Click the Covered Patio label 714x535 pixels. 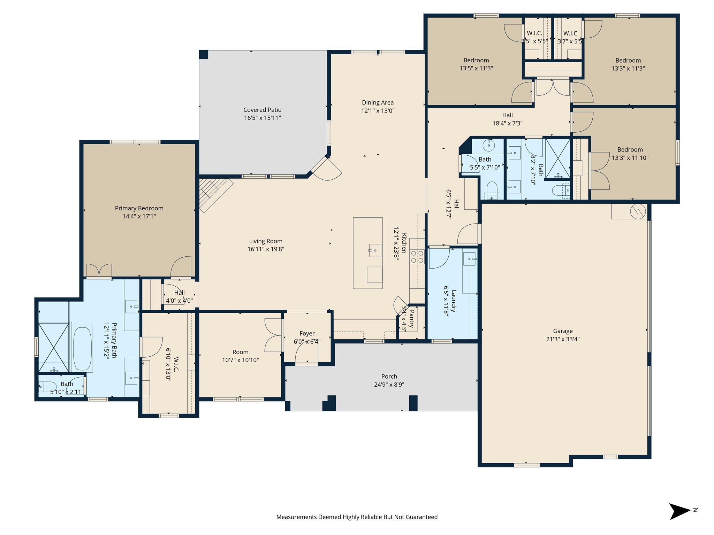point(262,110)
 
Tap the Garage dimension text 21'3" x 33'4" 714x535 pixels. point(563,339)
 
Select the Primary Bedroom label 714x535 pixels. point(139,208)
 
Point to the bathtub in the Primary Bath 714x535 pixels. point(83,348)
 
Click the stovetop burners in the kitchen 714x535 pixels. point(417,257)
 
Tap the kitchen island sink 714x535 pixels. point(375,250)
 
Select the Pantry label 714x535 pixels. point(411,319)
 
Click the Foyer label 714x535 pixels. point(307,334)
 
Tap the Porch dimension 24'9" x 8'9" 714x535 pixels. point(389,385)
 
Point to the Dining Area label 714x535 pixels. point(378,102)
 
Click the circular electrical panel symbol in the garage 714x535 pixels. point(638,211)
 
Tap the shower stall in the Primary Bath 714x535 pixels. point(54,347)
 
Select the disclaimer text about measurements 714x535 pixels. point(357,517)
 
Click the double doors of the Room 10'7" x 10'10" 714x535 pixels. point(273,335)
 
